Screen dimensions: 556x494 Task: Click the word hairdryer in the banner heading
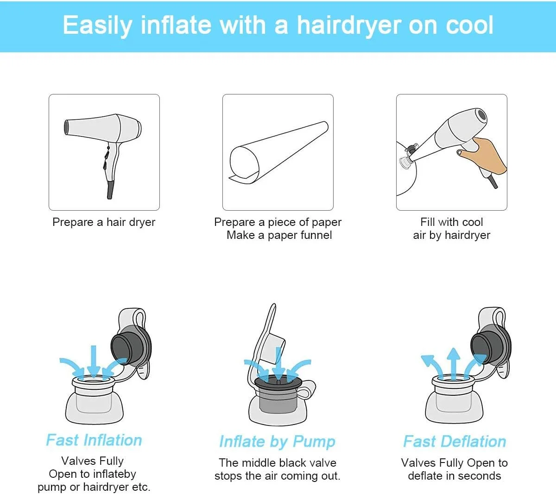click(x=350, y=26)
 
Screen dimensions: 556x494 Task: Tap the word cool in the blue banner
click(x=469, y=25)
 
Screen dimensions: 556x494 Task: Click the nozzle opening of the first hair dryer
click(x=66, y=127)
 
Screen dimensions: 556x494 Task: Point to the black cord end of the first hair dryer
click(x=110, y=189)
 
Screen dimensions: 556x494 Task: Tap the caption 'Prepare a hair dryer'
click(x=104, y=222)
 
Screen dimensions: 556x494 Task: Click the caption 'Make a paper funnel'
click(x=279, y=235)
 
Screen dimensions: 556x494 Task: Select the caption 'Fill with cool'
click(x=451, y=222)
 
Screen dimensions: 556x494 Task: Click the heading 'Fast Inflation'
click(x=94, y=440)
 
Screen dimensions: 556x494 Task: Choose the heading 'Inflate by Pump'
click(x=277, y=442)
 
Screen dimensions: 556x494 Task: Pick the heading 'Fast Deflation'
click(x=455, y=441)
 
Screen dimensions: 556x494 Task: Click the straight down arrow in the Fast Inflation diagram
click(x=94, y=362)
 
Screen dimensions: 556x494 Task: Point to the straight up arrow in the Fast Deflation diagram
click(x=453, y=364)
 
